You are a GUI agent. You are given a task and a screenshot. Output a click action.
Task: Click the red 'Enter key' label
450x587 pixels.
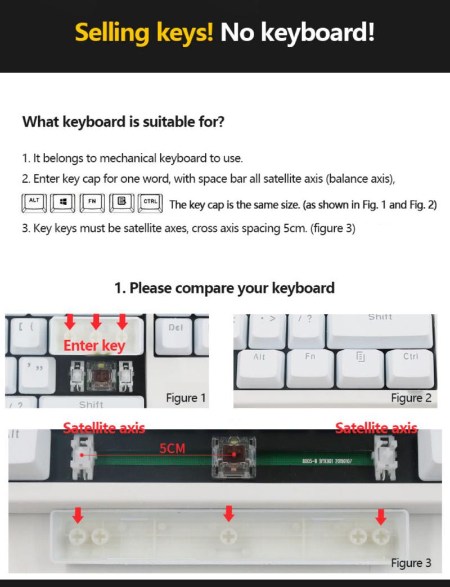point(94,345)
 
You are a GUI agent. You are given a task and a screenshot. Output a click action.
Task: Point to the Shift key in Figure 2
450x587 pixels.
point(380,328)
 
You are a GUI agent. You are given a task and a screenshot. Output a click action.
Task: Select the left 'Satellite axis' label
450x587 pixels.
point(104,428)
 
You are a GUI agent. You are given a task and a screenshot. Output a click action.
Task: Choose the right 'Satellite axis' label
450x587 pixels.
point(376,428)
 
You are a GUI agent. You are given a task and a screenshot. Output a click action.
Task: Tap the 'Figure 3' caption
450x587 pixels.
point(411,563)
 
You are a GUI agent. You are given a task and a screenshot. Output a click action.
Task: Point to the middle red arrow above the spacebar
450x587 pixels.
point(228,513)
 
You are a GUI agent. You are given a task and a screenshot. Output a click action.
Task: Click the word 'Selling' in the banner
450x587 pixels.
point(144,33)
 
